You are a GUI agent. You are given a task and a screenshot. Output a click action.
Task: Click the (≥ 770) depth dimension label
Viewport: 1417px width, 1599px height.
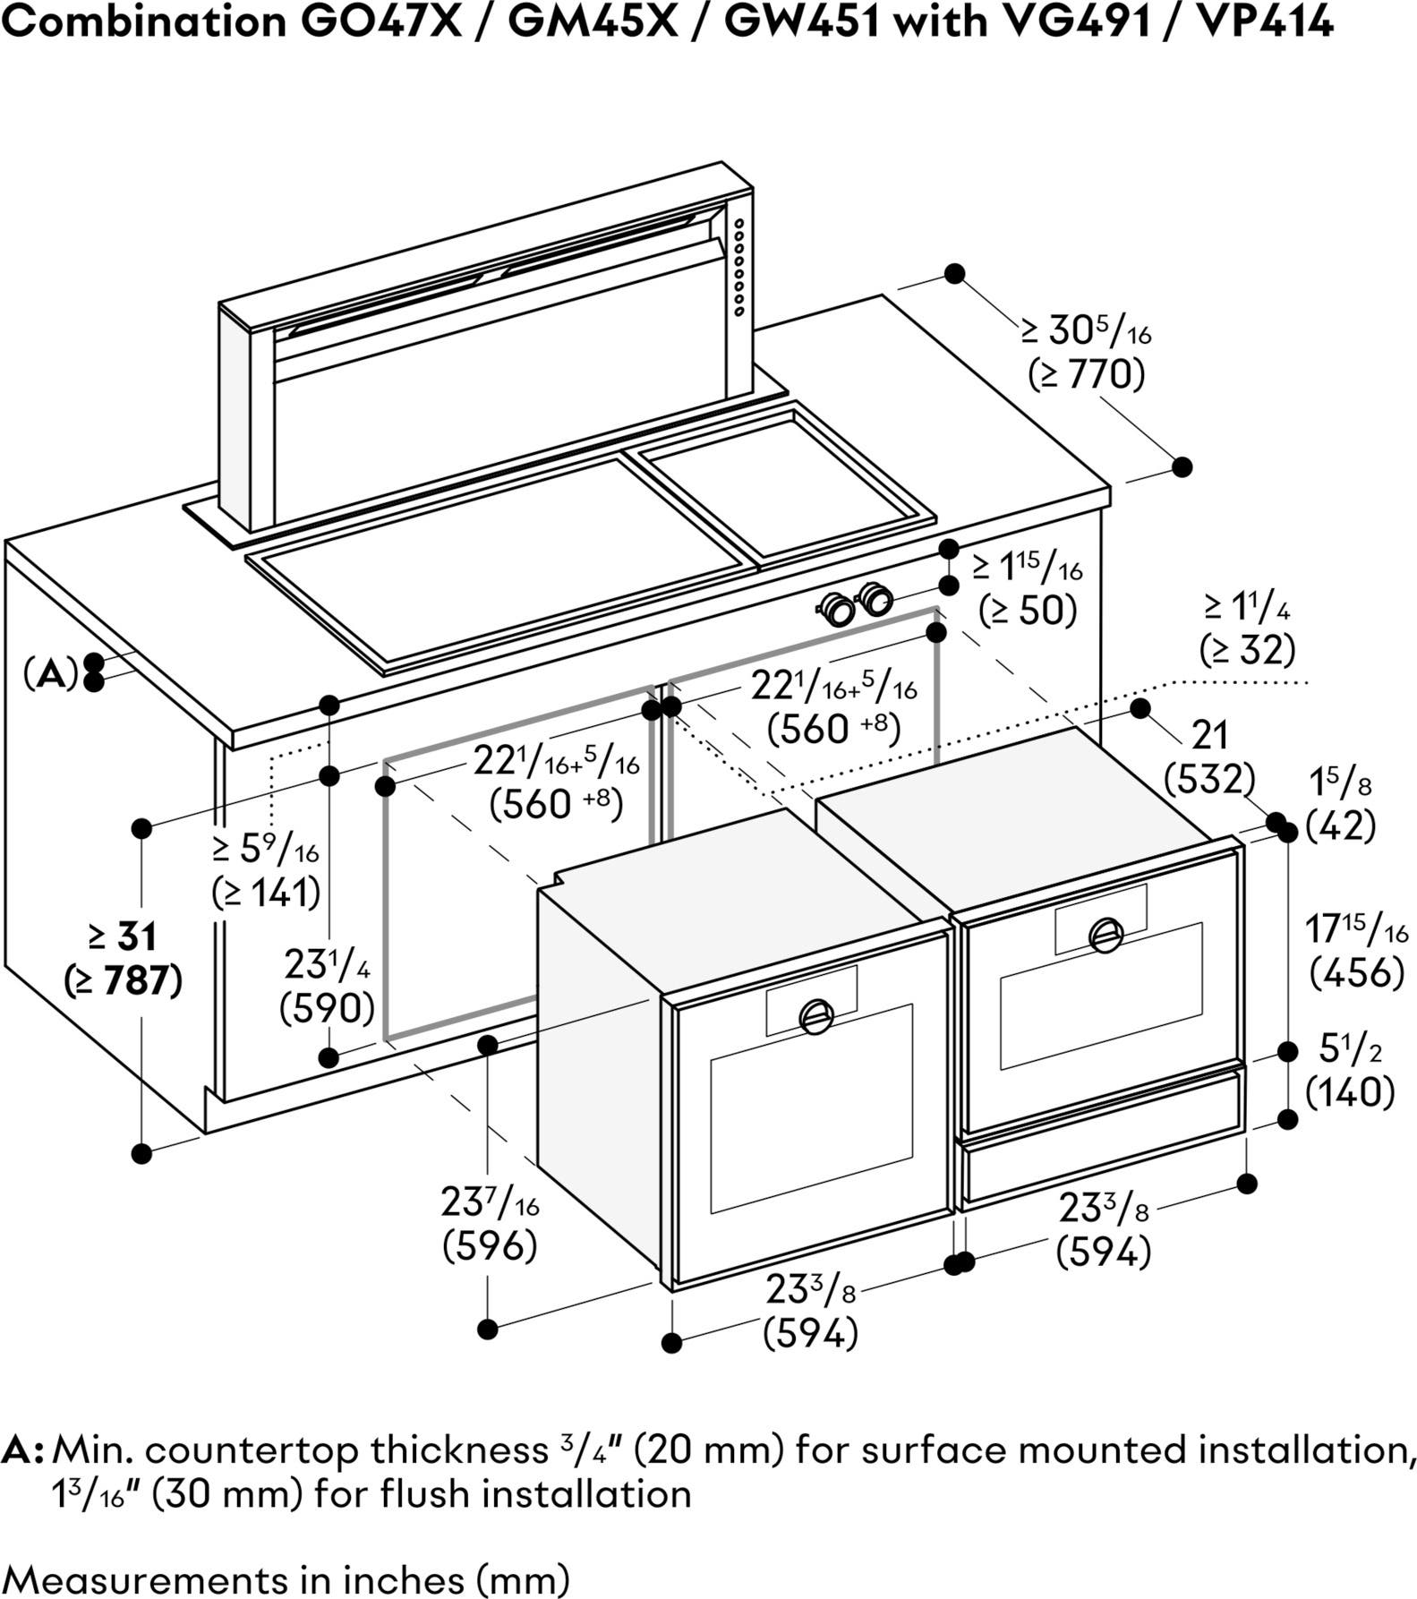[x=1087, y=374]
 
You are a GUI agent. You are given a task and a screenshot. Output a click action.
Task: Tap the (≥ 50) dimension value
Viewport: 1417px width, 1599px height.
[x=1027, y=611]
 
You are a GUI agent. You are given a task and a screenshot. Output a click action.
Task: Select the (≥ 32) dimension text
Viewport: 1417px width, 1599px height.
[x=1247, y=649]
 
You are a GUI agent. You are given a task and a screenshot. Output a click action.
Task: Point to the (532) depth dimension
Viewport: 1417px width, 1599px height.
[x=1208, y=779]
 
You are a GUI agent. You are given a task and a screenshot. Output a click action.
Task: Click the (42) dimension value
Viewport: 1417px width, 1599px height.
[x=1340, y=825]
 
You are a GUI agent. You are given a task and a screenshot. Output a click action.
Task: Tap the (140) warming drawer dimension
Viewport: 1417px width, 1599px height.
[x=1350, y=1091]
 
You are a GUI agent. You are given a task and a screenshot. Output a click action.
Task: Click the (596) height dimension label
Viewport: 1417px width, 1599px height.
[x=490, y=1245]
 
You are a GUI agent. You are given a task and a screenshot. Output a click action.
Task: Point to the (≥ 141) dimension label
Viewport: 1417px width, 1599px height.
[x=266, y=892]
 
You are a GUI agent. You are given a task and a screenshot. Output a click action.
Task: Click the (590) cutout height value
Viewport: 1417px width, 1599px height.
[x=327, y=1009]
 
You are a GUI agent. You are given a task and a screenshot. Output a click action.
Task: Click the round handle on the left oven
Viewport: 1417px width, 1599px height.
[x=816, y=1015]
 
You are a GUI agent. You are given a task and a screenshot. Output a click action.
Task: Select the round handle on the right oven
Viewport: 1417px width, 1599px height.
[x=1106, y=936]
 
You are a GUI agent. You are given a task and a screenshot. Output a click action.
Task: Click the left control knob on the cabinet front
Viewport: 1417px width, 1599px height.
[x=839, y=609]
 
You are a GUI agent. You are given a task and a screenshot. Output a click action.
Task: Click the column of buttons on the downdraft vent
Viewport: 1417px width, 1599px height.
[x=739, y=267]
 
